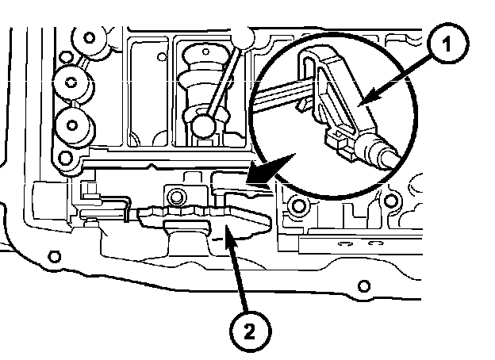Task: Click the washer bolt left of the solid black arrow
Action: click(177, 196)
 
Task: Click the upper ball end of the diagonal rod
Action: click(242, 36)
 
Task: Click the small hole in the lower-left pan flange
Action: click(54, 256)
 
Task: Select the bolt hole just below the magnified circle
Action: click(298, 208)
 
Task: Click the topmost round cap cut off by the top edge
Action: click(88, 37)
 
